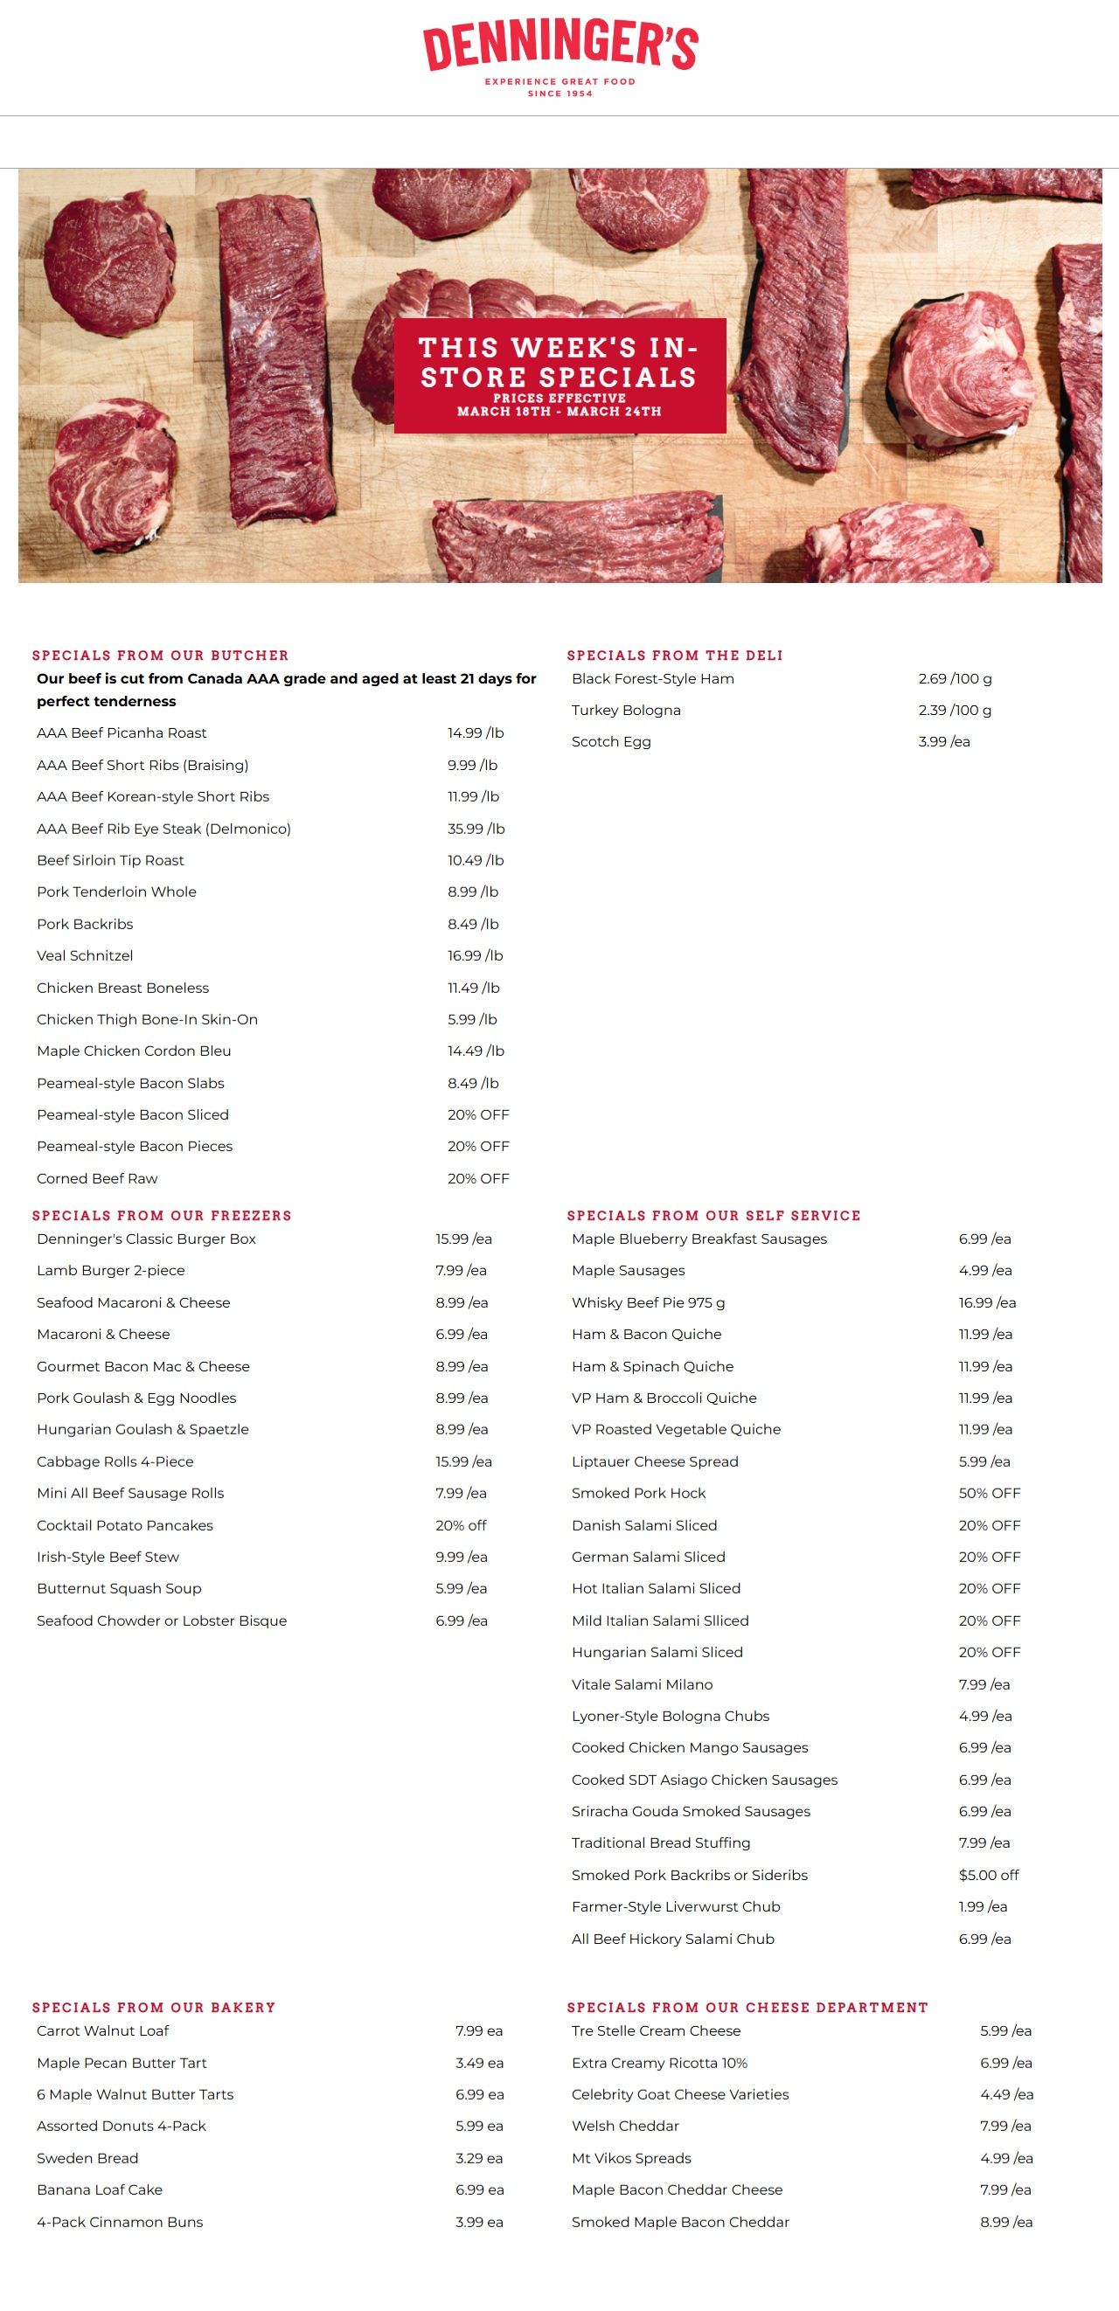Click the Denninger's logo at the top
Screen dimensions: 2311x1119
560,58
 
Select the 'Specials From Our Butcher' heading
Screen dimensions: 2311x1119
161,656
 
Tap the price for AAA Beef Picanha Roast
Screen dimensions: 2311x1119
476,733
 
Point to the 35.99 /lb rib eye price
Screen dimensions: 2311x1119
476,829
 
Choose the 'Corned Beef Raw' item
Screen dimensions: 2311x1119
97,1179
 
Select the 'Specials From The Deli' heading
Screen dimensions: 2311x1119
675,656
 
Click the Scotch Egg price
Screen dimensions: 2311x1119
944,742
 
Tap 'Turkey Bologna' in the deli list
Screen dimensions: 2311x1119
625,711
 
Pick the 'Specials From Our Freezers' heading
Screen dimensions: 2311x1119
162,1216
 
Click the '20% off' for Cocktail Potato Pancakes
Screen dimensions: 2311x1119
462,1525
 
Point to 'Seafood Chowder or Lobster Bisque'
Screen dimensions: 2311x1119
162,1621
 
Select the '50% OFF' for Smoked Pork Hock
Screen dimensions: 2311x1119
989,1494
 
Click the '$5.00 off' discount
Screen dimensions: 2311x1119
988,1875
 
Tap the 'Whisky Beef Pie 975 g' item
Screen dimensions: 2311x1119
648,1302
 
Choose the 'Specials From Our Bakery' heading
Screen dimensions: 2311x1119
154,2008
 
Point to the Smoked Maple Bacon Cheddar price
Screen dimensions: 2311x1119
1006,2222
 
